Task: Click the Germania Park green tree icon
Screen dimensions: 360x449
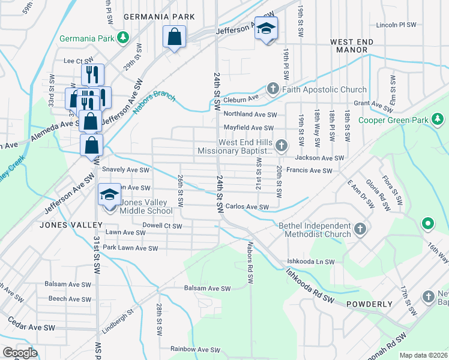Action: [x=122, y=38]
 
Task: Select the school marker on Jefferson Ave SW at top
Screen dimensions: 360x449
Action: [x=266, y=29]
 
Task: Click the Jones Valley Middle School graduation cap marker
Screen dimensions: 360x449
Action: [x=109, y=196]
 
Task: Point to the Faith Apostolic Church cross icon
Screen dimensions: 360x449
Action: [x=273, y=89]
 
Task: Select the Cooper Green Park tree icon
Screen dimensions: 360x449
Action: [x=438, y=119]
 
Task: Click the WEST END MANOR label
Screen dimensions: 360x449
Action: [x=352, y=47]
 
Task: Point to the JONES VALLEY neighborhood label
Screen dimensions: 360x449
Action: [x=63, y=224]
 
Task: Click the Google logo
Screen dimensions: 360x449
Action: [x=20, y=352]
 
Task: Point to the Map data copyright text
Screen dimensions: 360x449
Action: [x=424, y=355]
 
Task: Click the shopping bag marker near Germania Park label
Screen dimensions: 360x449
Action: [x=174, y=38]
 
